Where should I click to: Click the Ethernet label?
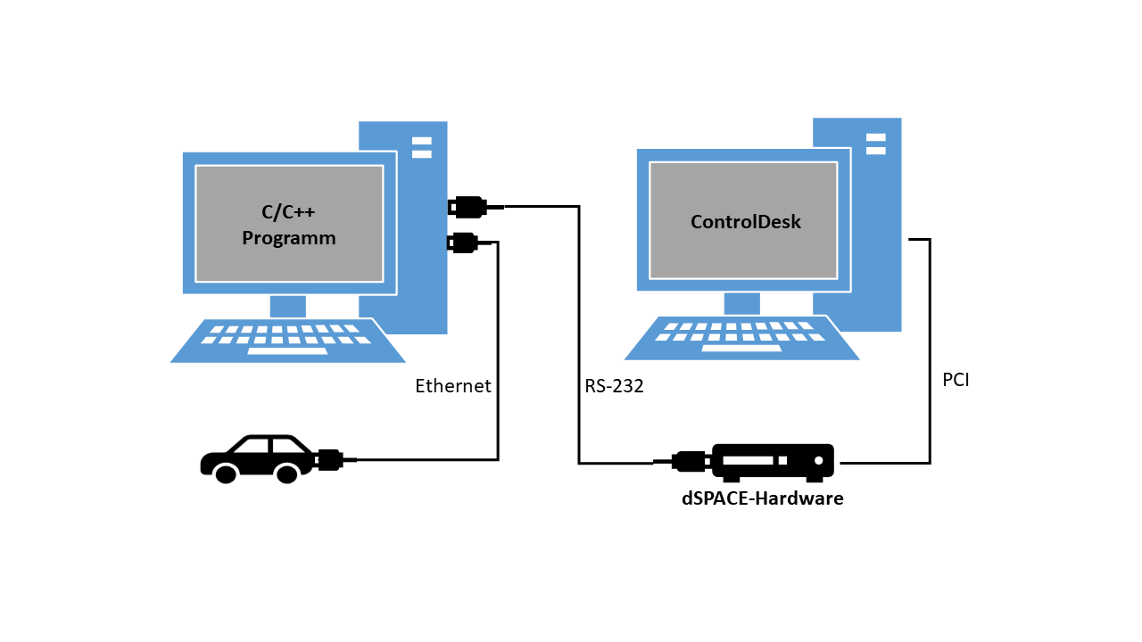click(x=453, y=386)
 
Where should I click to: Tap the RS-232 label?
click(x=614, y=386)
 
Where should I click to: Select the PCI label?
click(x=956, y=380)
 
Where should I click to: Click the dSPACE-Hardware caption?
click(x=763, y=498)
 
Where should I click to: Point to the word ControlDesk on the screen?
click(x=746, y=222)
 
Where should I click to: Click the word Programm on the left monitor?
click(x=288, y=238)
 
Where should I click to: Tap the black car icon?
click(x=257, y=458)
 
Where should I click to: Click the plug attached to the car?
click(x=330, y=460)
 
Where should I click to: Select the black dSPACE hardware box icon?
click(x=773, y=461)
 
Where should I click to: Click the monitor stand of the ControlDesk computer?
click(x=741, y=303)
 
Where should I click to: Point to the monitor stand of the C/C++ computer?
click(x=287, y=306)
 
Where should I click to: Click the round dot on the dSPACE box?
click(x=816, y=461)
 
